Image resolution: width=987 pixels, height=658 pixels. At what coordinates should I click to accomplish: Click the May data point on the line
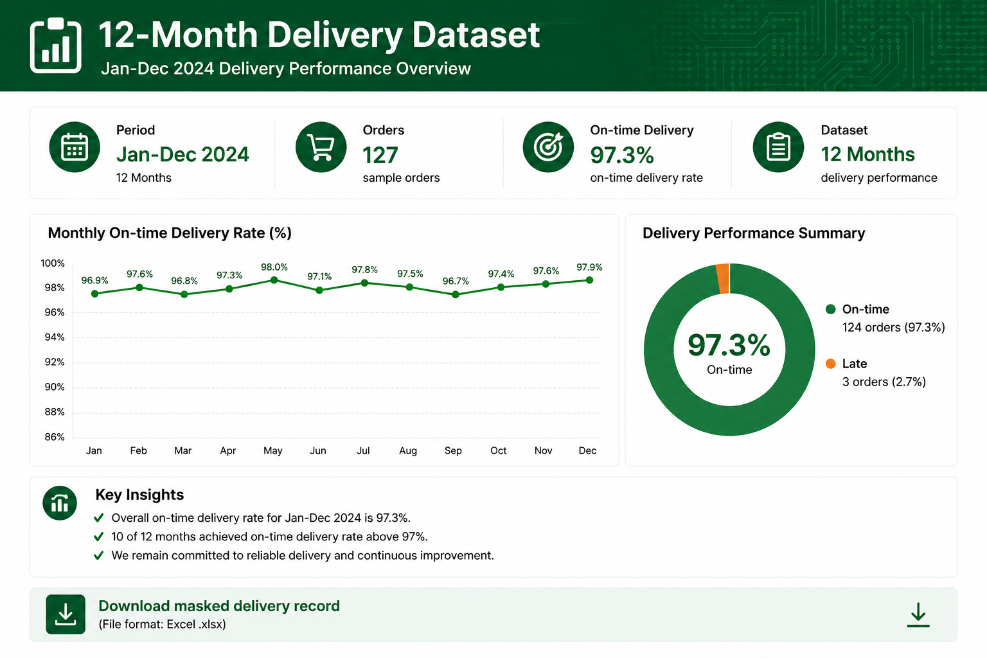274,280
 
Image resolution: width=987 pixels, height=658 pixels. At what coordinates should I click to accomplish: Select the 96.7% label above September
456,281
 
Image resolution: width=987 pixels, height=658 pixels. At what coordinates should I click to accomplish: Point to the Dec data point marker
589,280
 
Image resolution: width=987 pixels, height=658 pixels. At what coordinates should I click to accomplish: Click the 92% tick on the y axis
54,362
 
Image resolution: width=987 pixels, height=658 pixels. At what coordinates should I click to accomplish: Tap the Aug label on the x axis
408,450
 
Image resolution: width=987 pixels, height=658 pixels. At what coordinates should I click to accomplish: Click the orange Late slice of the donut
723,278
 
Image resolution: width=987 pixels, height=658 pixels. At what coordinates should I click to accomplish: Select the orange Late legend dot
831,364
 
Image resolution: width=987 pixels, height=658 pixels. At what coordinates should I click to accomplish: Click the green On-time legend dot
831,309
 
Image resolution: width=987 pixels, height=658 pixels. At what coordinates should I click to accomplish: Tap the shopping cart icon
321,147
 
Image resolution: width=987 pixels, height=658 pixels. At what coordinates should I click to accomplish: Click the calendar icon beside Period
75,147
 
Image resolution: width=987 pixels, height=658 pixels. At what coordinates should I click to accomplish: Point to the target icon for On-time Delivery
548,147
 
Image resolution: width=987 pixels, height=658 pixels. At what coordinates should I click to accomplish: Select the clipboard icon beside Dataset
778,147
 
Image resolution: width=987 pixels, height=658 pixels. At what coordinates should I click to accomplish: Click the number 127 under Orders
380,155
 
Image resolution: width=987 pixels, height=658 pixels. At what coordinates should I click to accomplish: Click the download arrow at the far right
918,615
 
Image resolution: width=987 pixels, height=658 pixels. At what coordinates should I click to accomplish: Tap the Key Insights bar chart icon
60,503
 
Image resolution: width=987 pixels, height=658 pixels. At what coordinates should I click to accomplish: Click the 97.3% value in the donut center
729,345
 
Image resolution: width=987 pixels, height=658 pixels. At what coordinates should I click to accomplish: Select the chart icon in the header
55,45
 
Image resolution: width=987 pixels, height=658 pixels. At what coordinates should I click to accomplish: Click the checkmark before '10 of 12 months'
99,537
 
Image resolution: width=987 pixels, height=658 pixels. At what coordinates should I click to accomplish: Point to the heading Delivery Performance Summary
754,233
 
